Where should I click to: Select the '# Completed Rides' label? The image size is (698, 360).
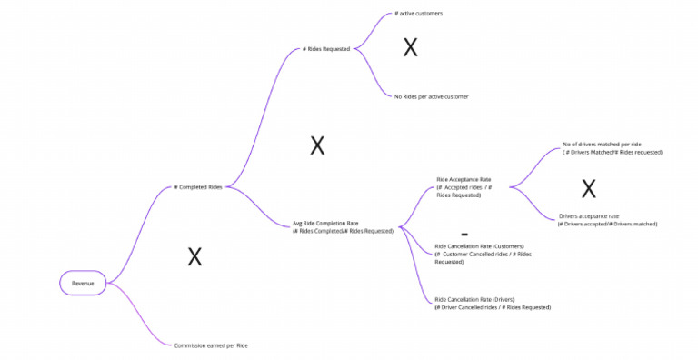click(197, 187)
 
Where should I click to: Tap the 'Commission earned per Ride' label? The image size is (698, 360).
click(210, 345)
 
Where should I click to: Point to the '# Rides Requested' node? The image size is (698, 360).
click(325, 49)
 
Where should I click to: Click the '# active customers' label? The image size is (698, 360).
click(418, 14)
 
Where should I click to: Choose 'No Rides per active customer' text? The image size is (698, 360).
click(431, 95)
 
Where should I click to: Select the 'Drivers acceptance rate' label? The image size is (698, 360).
click(589, 216)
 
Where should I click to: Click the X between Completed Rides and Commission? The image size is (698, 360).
click(194, 257)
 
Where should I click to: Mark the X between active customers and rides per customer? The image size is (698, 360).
click(411, 49)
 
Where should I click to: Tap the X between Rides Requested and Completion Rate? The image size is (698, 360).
click(317, 145)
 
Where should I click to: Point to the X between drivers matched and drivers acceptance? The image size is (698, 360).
click(589, 189)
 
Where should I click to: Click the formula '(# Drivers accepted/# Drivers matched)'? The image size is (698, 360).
click(607, 224)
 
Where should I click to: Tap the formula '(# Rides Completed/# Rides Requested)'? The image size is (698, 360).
click(343, 231)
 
